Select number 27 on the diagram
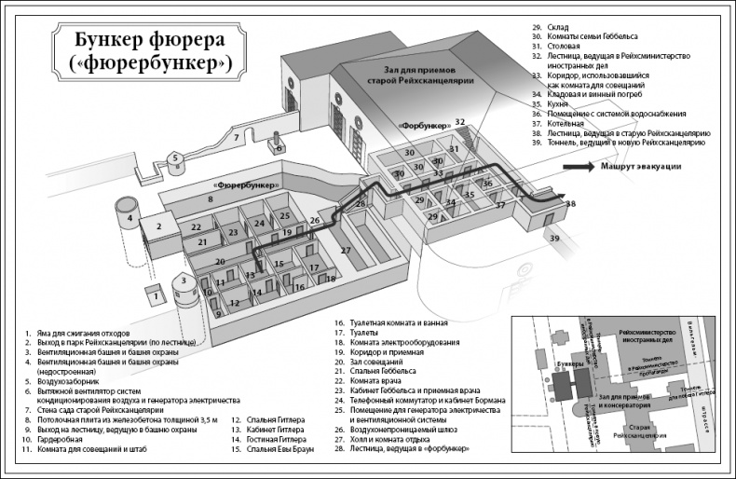tap(345, 250)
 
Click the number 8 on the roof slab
tap(211, 198)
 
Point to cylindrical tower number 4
tap(129, 217)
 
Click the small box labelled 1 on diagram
tap(157, 295)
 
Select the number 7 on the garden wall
tap(237, 138)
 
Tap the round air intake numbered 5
tap(174, 159)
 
